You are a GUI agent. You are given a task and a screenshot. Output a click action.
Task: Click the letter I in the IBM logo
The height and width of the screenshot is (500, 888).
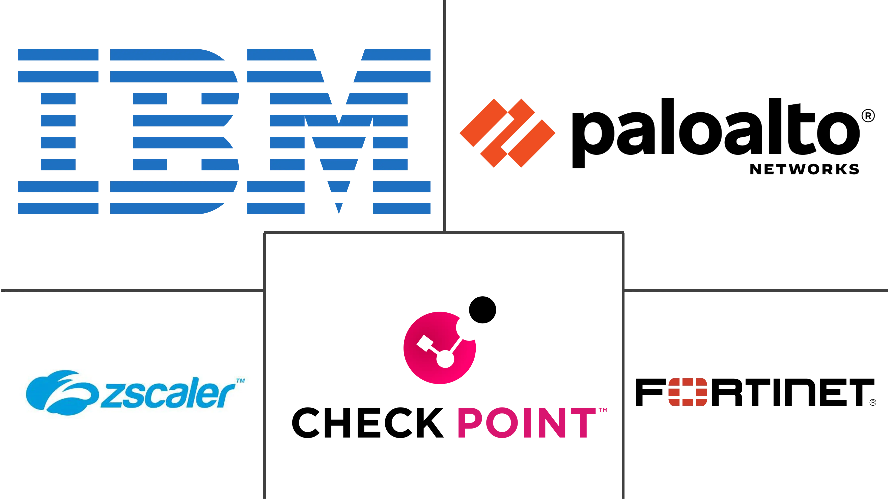click(58, 131)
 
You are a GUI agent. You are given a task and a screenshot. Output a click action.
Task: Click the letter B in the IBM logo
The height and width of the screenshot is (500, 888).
click(174, 131)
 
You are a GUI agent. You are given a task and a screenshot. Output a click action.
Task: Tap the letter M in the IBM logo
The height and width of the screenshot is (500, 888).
click(339, 131)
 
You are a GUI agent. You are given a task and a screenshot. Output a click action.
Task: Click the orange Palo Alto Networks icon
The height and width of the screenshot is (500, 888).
click(507, 133)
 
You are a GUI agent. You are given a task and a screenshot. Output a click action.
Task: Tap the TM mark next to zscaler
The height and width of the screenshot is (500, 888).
click(241, 381)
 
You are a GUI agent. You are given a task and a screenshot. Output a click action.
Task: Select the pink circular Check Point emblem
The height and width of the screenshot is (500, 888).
click(440, 348)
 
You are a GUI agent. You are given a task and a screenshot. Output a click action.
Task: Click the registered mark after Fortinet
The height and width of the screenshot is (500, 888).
click(873, 402)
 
